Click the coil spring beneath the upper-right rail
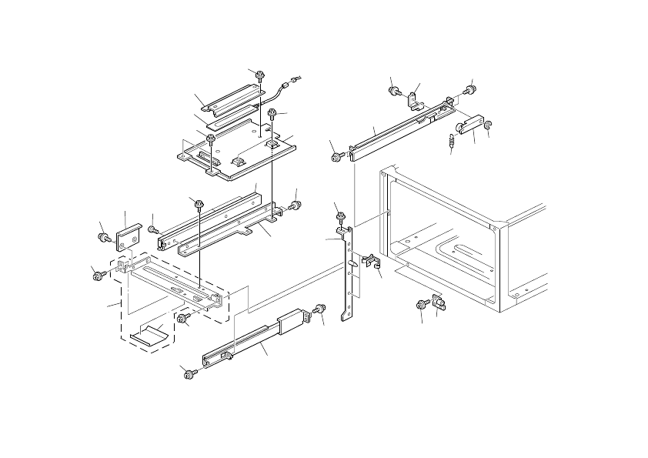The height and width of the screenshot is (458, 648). [452, 142]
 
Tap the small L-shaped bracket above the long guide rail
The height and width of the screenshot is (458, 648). [414, 99]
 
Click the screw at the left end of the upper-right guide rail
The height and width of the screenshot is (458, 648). [337, 156]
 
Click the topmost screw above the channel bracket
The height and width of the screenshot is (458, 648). [260, 75]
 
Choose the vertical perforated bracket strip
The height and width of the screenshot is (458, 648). [350, 273]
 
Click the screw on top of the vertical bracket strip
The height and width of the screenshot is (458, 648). [339, 216]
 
